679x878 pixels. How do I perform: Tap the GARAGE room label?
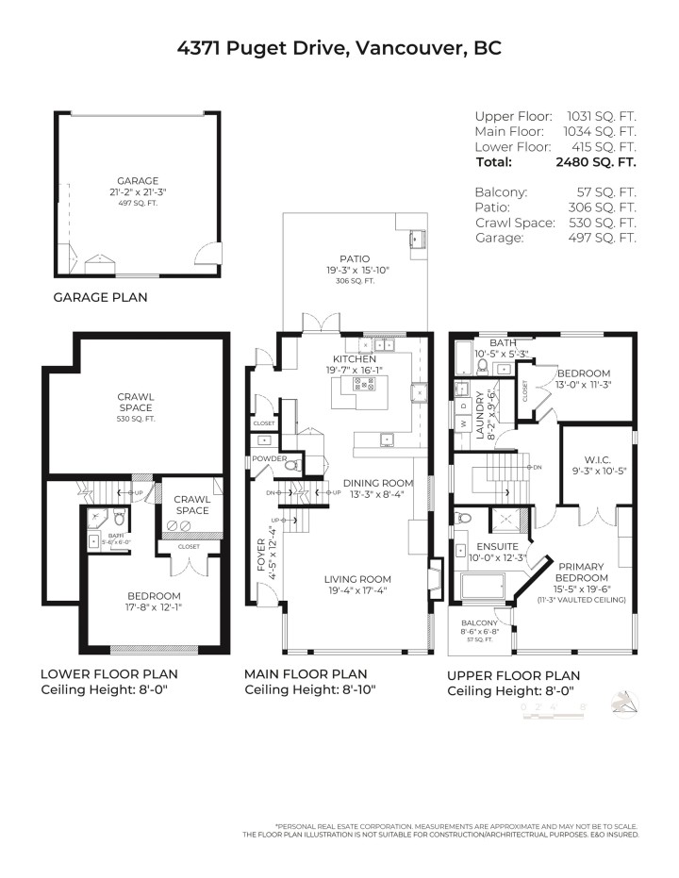(x=138, y=180)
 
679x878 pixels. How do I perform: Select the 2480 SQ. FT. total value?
(x=597, y=162)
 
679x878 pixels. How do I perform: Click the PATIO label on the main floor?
(x=355, y=258)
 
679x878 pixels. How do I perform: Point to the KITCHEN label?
(x=355, y=359)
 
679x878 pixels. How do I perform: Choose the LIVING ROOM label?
(x=357, y=579)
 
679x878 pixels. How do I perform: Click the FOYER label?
(x=262, y=555)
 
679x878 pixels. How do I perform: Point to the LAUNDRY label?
(x=479, y=416)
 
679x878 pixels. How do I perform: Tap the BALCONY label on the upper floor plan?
(x=480, y=623)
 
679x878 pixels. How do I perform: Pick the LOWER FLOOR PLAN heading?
(x=108, y=674)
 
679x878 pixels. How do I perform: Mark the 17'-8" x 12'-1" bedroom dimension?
(x=156, y=607)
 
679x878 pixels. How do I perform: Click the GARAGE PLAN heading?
(x=100, y=296)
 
